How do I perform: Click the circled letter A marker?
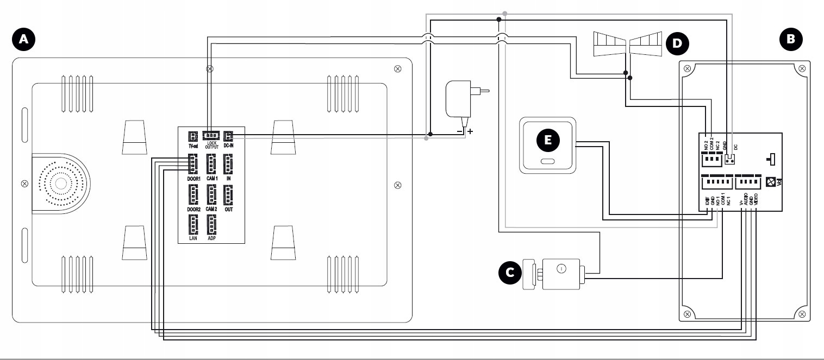pos(23,40)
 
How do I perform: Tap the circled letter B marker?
pos(790,40)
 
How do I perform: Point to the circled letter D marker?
pos(676,42)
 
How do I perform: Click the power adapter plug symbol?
pos(462,100)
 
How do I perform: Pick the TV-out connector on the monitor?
pos(192,136)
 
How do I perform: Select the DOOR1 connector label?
pos(193,178)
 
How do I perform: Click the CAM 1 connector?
pos(211,162)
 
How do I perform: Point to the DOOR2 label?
pos(193,209)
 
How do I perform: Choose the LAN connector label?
pos(193,238)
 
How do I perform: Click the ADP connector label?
pos(211,238)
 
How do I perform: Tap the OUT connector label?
pos(229,209)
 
